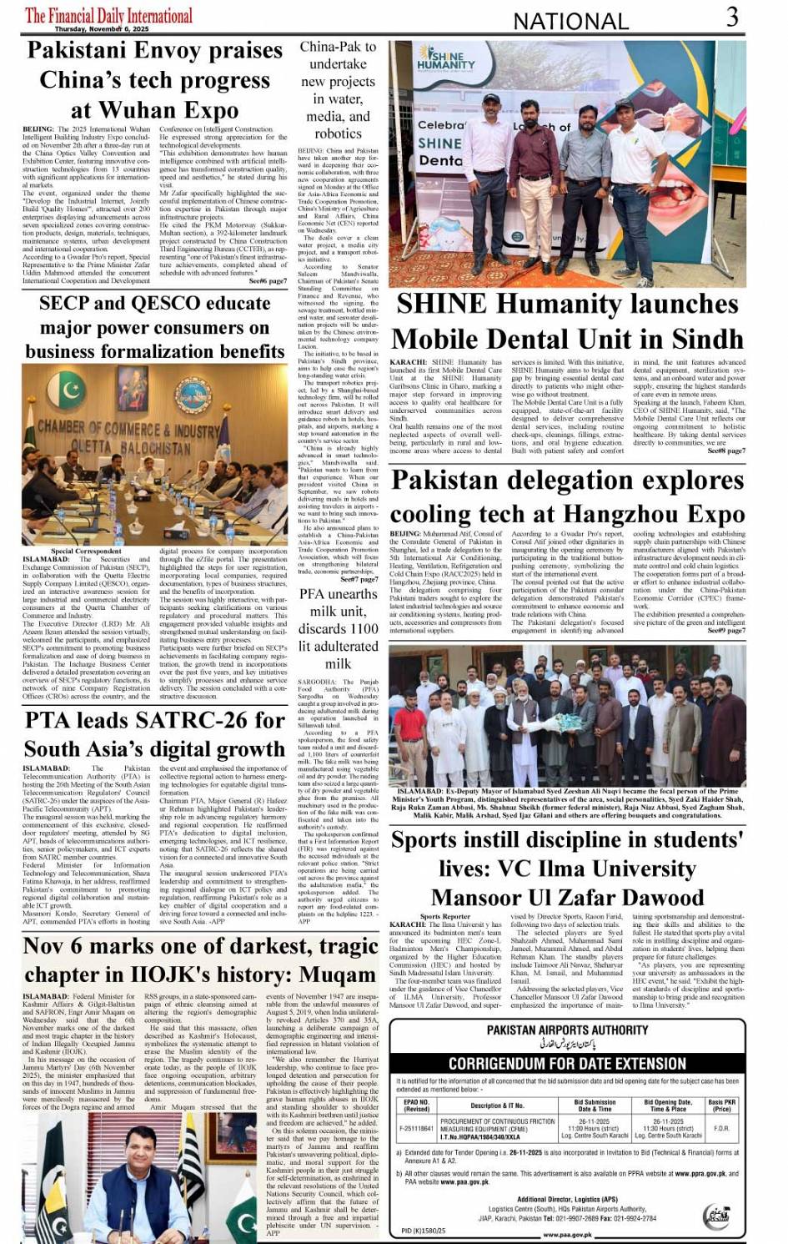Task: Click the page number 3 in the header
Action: [x=731, y=17]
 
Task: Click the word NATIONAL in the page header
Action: [x=570, y=21]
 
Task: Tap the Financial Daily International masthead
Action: [x=108, y=16]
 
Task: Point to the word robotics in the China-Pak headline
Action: [x=338, y=133]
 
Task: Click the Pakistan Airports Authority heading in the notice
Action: [x=567, y=1030]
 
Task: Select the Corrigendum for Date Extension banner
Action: [x=567, y=1064]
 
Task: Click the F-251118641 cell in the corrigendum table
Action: [x=416, y=1128]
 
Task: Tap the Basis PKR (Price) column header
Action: [x=721, y=1105]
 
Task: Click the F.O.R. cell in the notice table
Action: [x=721, y=1128]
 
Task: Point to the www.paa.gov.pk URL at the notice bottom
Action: [x=574, y=1235]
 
